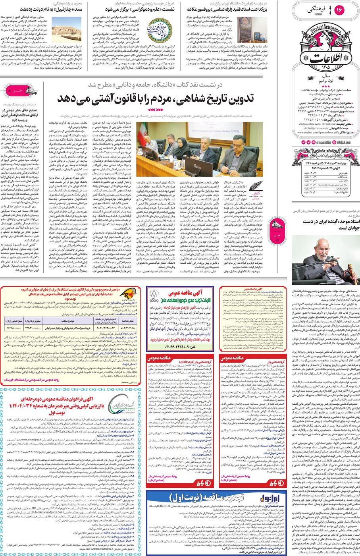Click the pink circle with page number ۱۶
(340, 10)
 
